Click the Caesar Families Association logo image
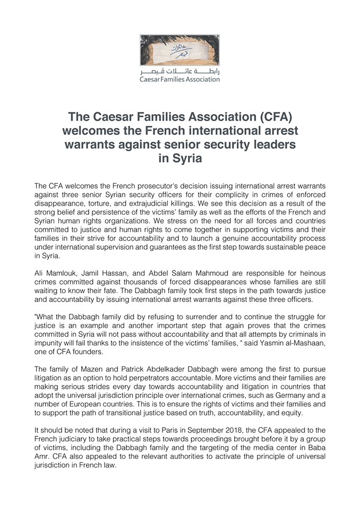tap(179, 50)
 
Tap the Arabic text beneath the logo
tap(179, 71)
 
